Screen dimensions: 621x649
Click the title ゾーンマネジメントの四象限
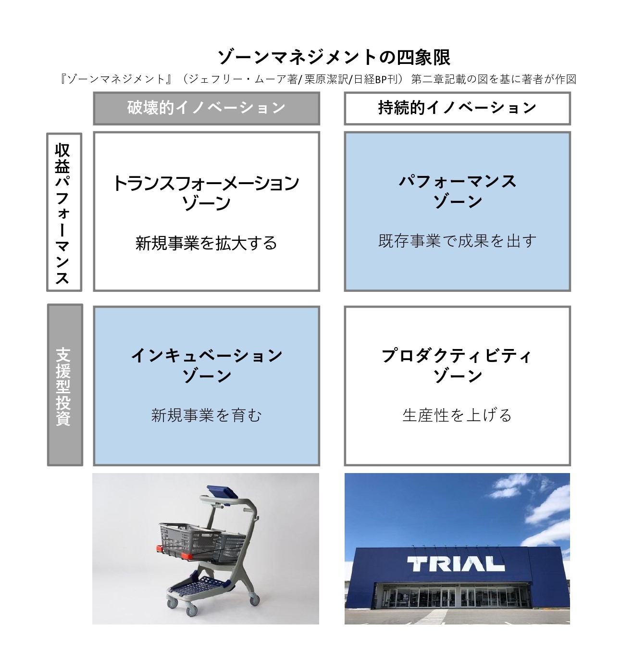(x=334, y=57)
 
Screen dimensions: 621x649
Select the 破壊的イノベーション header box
(x=206, y=108)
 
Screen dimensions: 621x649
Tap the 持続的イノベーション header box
(x=457, y=108)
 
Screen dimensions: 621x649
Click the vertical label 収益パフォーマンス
(x=63, y=212)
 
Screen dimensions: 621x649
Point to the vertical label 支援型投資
(x=64, y=385)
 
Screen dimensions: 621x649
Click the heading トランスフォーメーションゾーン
(x=206, y=192)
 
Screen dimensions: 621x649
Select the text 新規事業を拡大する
(x=206, y=243)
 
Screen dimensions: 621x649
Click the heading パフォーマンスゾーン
(x=457, y=190)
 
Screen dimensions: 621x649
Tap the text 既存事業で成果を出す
(x=457, y=241)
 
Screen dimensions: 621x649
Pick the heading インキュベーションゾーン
(x=206, y=365)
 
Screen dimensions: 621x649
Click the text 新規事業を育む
(x=206, y=415)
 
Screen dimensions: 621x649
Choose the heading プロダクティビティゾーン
(x=457, y=365)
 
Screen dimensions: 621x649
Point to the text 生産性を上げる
(x=457, y=415)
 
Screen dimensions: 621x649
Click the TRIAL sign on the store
(x=455, y=564)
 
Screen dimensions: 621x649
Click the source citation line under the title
(x=317, y=79)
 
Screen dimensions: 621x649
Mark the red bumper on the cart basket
(x=183, y=556)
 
